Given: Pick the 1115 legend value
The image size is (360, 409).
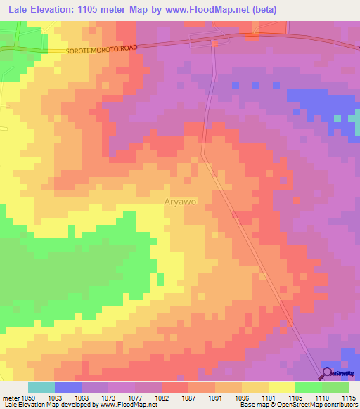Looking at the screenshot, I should coord(347,397).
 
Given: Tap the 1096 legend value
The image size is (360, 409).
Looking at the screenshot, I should coord(240,397).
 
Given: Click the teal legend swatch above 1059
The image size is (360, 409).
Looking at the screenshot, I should coord(41,387).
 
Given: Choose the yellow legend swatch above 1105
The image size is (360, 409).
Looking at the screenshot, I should coord(282,387).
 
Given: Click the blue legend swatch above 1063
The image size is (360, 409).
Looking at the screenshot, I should coord(68,387).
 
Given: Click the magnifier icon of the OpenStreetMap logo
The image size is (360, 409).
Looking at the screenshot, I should coord(327,374).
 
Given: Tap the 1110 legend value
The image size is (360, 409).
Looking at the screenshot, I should coord(320,397).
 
